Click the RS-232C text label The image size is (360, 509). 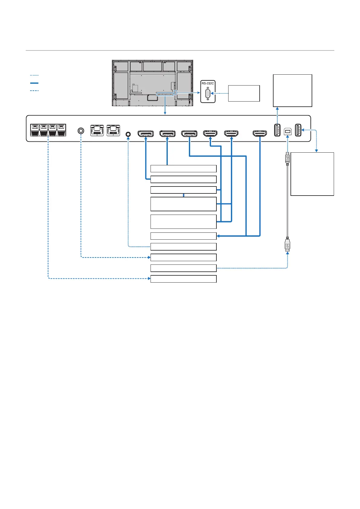pos(208,83)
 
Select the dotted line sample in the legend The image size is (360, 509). pos(34,75)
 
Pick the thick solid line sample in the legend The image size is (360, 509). pos(34,83)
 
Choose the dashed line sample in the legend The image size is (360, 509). pos(34,91)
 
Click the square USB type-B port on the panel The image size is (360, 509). pos(288,132)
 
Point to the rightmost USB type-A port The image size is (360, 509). pos(298,130)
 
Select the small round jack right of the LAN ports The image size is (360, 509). pos(128,134)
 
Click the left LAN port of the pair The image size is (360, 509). pos(97,130)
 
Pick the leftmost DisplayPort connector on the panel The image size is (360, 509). pos(145,133)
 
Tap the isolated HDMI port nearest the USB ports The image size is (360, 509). pos(260,133)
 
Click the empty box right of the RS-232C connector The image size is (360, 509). pos(244,93)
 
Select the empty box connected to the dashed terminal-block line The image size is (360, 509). pos(183,279)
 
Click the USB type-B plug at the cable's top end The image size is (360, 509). pos(287,158)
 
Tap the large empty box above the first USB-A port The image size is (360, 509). pos(292,90)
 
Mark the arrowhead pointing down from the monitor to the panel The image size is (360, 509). pos(165,113)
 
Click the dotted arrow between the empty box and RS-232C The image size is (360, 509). pos(220,93)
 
